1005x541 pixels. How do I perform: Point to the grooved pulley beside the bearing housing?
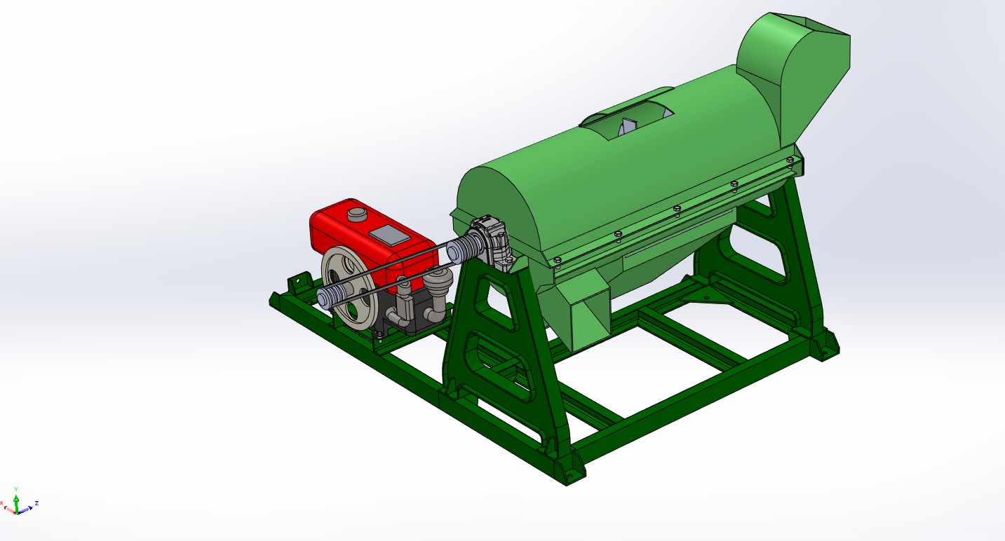[462, 249]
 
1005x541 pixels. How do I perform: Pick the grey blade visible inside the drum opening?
[627, 127]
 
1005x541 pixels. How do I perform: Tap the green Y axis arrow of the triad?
[16, 496]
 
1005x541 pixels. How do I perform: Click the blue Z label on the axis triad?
[36, 503]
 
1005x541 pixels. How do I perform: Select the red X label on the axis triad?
[2, 504]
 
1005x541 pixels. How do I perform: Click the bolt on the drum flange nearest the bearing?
[557, 260]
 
